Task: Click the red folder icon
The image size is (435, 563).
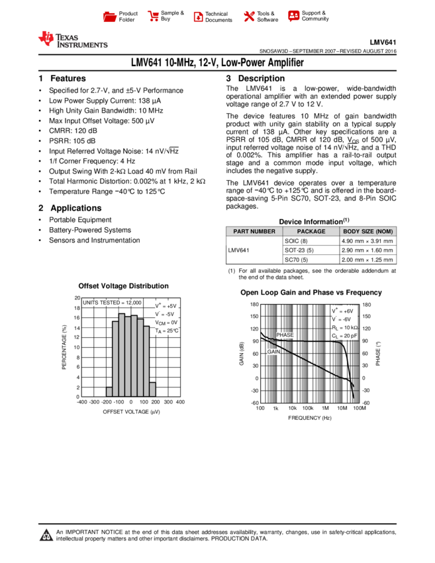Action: click(x=110, y=17)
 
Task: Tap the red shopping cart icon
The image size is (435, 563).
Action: click(x=154, y=17)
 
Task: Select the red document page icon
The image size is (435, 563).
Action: click(x=198, y=17)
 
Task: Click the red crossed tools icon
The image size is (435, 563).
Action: click(x=249, y=17)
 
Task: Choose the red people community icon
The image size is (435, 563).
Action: click(x=294, y=16)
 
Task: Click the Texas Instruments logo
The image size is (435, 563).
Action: click(x=72, y=40)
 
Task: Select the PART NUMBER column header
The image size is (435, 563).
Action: click(x=254, y=232)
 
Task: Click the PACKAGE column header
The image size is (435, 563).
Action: click(x=311, y=232)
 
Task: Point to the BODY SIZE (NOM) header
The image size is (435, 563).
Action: click(x=368, y=232)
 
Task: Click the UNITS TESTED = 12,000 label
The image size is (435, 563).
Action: click(x=112, y=303)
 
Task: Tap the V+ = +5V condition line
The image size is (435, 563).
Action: click(x=166, y=306)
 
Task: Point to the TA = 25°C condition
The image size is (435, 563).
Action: click(x=167, y=331)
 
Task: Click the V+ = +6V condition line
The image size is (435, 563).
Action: click(x=344, y=311)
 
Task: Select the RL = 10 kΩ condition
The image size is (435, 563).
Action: click(x=345, y=328)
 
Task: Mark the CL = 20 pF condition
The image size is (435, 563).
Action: click(x=345, y=336)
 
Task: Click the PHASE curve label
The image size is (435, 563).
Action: click(x=285, y=335)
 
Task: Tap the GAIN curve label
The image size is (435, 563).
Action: click(x=273, y=352)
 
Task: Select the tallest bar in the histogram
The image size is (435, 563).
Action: click(x=122, y=355)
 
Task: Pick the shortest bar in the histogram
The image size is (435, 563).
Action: click(x=109, y=392)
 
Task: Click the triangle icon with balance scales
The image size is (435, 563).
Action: click(x=46, y=536)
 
